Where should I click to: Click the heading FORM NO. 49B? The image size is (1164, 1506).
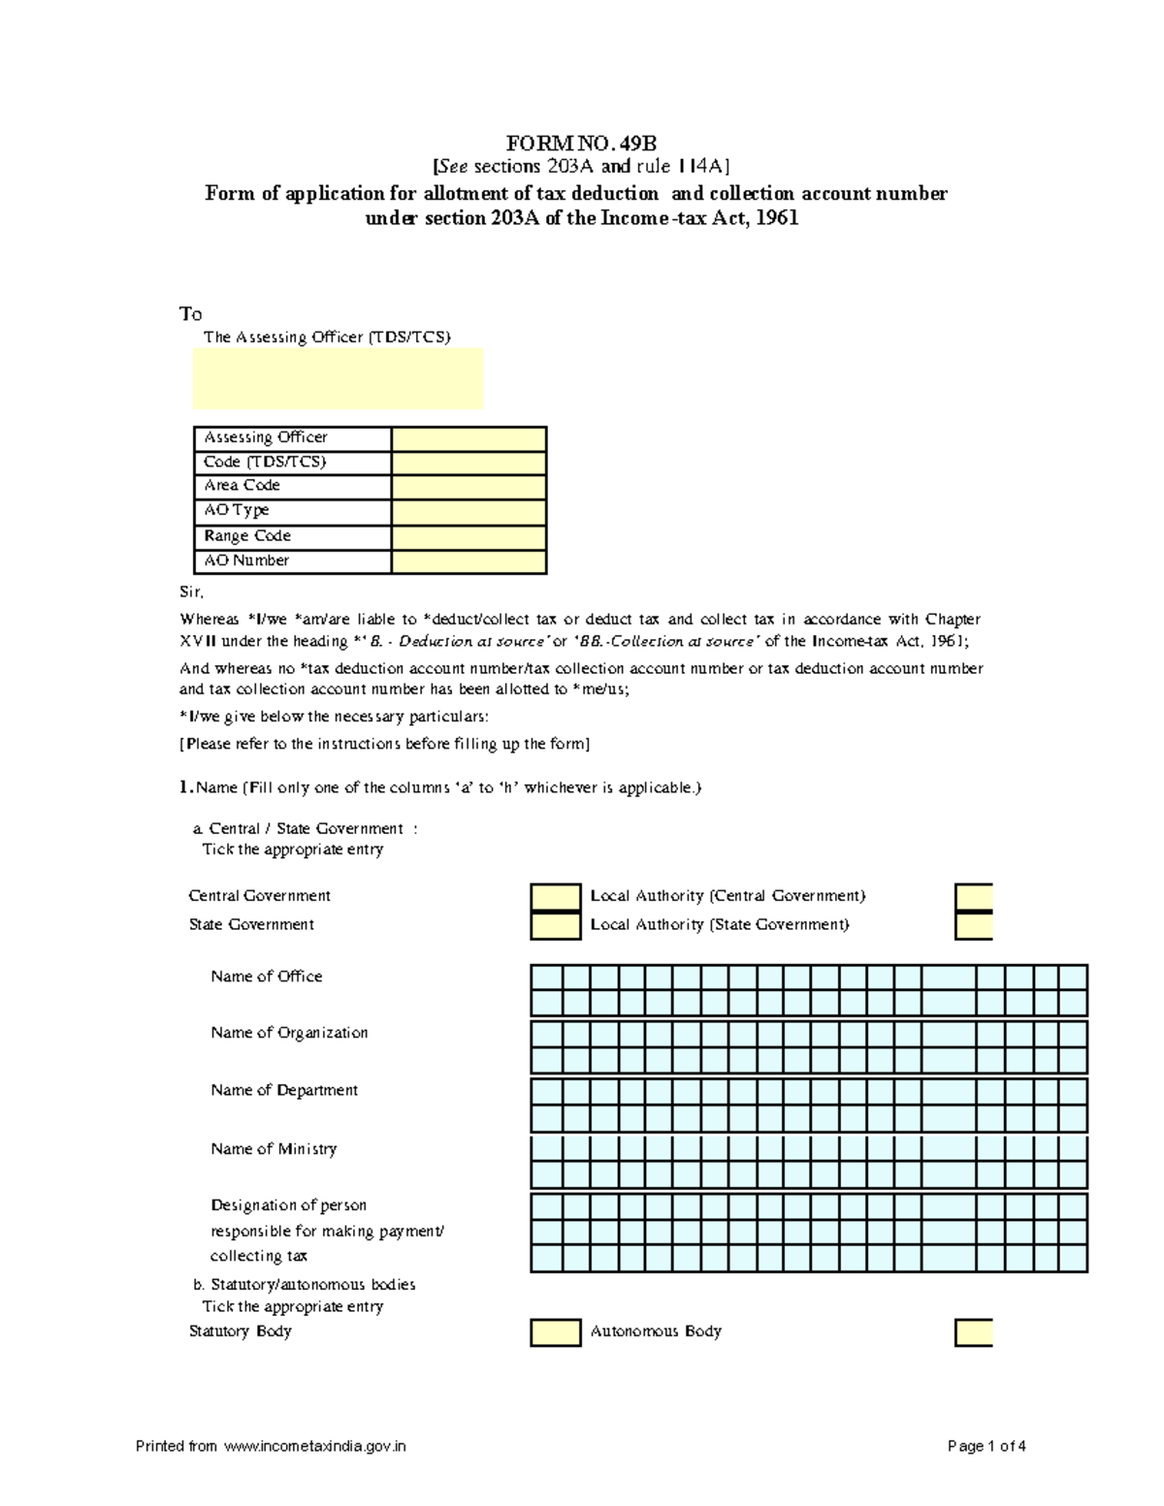[581, 144]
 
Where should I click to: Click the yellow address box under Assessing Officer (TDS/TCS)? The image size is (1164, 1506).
[338, 379]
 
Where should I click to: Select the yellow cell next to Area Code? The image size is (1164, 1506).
[469, 487]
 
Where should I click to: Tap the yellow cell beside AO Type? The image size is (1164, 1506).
[469, 512]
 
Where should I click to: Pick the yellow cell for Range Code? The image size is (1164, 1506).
[469, 537]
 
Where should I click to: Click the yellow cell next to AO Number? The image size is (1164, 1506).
[469, 561]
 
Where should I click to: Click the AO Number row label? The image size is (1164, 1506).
[246, 561]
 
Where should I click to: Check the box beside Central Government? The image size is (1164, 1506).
[555, 897]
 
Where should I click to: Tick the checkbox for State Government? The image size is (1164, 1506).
[555, 926]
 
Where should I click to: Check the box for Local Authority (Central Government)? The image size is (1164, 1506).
[974, 897]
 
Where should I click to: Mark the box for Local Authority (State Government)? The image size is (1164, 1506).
[974, 926]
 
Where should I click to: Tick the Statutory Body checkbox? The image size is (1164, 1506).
[555, 1332]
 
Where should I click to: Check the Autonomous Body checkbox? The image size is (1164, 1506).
[974, 1332]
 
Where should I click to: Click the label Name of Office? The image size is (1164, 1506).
[267, 977]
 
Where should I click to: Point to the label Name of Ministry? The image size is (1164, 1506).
[274, 1149]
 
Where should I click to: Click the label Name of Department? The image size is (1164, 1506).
[284, 1091]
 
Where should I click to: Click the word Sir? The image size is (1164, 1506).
[191, 592]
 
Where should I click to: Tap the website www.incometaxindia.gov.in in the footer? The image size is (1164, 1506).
[314, 1446]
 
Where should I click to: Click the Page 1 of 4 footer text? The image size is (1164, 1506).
[986, 1446]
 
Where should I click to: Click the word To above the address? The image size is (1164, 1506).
[190, 314]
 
